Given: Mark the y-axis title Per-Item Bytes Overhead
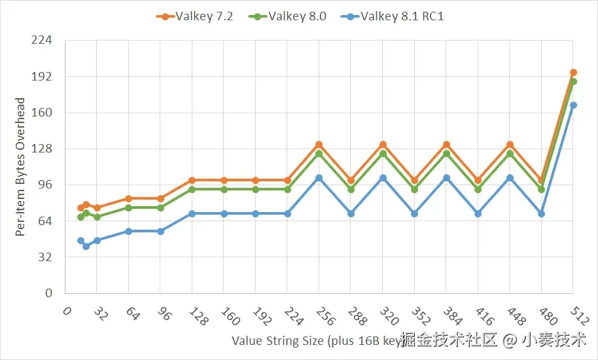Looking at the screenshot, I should point(20,167).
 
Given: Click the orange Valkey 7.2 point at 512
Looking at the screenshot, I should point(573,73).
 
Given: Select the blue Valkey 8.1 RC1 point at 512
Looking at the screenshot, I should point(573,105).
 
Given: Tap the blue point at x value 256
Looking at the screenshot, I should point(319,178).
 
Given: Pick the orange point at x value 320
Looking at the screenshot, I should point(383,145).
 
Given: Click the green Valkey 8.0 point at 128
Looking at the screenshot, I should point(192,190).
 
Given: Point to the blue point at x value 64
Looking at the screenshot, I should point(129,231).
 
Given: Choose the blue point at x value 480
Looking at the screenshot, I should point(541,214).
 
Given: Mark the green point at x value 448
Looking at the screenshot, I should point(510,154).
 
